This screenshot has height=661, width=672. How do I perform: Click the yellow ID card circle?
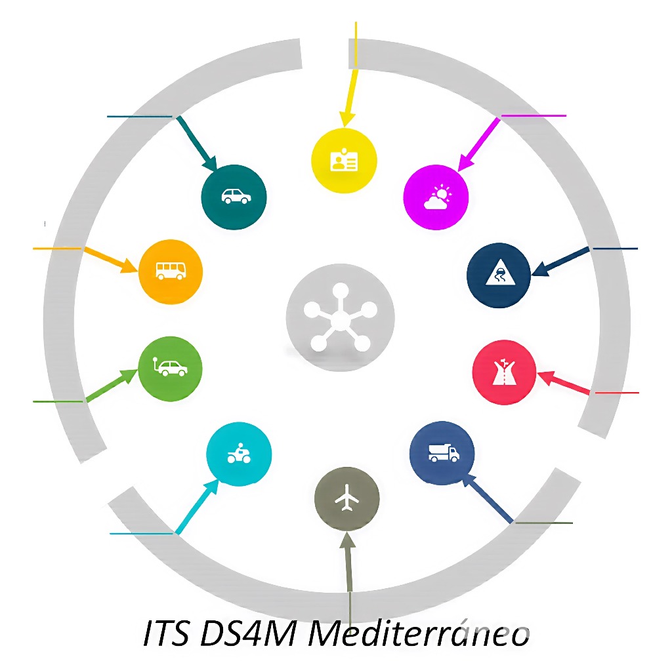[x=344, y=160]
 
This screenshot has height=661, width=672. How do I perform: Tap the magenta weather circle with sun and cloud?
[x=436, y=196]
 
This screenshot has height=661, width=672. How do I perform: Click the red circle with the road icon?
[x=504, y=371]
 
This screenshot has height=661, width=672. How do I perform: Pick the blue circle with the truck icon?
[x=442, y=452]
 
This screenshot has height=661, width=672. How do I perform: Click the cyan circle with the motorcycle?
[x=239, y=453]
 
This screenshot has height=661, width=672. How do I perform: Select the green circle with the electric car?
[x=171, y=369]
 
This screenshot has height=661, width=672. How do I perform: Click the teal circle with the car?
[x=234, y=196]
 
